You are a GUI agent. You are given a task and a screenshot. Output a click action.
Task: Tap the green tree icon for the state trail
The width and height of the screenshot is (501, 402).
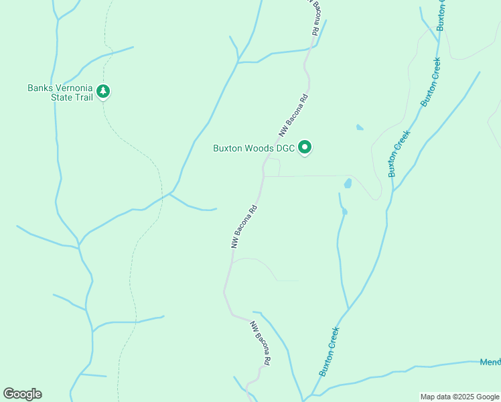point(102,90)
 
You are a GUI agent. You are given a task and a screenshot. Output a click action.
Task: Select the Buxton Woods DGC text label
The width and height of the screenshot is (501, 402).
point(254,148)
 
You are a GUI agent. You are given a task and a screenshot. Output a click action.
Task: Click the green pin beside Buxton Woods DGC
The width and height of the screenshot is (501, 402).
point(305,147)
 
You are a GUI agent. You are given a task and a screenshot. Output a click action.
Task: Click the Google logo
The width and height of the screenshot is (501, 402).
point(22,394)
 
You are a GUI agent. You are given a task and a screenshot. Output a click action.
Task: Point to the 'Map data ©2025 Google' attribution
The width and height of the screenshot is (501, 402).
point(459,397)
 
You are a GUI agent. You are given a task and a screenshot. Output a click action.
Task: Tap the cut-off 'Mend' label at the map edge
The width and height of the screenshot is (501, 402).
point(490,362)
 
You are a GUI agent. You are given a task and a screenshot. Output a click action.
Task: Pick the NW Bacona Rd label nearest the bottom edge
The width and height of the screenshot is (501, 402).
point(261,343)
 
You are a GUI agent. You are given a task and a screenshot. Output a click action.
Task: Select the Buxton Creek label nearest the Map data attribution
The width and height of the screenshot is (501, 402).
point(330,352)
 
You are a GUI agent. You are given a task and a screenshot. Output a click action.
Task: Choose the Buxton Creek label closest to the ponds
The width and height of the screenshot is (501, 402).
point(399,154)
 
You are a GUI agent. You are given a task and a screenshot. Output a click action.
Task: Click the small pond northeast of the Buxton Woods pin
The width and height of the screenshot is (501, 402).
point(360,127)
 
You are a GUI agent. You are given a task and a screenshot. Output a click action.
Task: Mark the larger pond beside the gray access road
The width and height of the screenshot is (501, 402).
point(348,183)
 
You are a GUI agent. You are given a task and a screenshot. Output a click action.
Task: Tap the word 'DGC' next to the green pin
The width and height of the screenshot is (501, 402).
point(285,148)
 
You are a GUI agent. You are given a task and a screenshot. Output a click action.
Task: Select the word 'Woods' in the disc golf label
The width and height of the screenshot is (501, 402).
point(255,148)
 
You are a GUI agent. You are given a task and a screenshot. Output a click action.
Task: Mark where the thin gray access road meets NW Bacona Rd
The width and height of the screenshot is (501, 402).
point(263,176)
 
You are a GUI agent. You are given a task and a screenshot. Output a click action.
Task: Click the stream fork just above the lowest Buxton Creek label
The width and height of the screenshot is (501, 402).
point(348,310)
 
